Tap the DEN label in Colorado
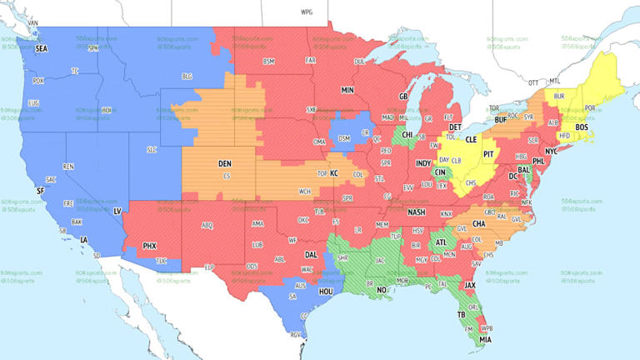pos(225,163)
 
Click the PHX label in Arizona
pos(149,246)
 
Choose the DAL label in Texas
pos(312,254)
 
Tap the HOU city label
pos(326,292)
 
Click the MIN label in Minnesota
pos(347,89)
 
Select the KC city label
pos(334,173)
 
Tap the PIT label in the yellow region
pos(489,154)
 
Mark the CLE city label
pos(471,140)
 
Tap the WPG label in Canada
pos(307,13)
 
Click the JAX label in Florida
pos(470,285)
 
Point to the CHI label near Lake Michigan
pos(407,134)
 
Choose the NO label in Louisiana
pos(382,289)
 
